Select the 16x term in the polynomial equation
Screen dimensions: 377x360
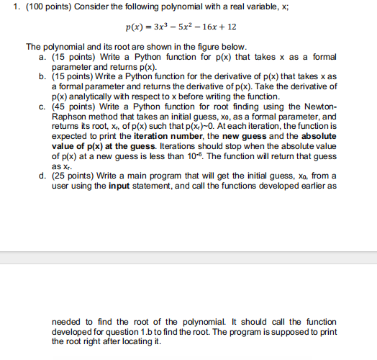coord(232,30)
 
